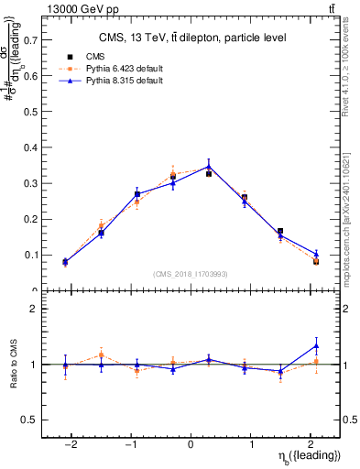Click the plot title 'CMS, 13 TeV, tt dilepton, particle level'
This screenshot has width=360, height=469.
pyautogui.click(x=192, y=38)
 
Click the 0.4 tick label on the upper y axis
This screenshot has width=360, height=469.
pyautogui.click(x=30, y=147)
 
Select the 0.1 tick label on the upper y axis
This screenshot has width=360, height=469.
pyautogui.click(x=30, y=255)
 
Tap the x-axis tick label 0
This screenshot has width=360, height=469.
pyautogui.click(x=191, y=443)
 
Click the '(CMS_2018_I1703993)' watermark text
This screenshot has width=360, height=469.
pyautogui.click(x=191, y=274)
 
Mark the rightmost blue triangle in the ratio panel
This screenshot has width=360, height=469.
pyautogui.click(x=316, y=345)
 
